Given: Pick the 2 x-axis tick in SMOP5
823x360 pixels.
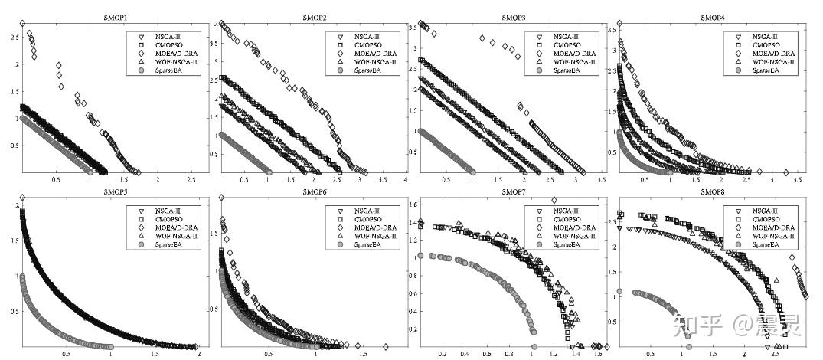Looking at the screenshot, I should coord(198,355).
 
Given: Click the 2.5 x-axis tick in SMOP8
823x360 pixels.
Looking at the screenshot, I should coord(776,355).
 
